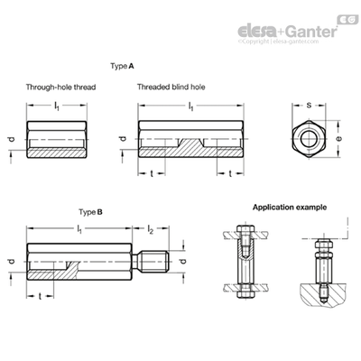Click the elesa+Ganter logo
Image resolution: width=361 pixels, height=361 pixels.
click(288, 32)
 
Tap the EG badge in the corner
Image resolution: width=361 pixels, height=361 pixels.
click(347, 20)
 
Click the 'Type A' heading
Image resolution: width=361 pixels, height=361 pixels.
click(122, 66)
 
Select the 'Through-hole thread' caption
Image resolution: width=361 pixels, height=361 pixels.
click(60, 88)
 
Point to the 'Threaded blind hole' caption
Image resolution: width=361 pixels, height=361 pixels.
click(171, 88)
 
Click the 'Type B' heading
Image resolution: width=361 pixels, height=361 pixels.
click(90, 212)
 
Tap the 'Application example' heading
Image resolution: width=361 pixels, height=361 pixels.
click(290, 208)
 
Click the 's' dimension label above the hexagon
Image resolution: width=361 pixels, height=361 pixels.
click(309, 106)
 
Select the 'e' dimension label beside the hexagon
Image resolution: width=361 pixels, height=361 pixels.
click(339, 138)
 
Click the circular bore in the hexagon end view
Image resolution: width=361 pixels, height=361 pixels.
click(309, 139)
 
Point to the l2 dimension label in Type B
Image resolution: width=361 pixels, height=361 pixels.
click(151, 229)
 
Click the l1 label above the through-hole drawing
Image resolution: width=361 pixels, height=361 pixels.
click(57, 106)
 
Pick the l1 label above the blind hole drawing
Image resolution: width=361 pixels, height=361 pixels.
click(190, 106)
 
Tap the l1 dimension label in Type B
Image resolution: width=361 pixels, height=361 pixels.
click(79, 229)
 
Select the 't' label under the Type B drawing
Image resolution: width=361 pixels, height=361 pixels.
click(40, 297)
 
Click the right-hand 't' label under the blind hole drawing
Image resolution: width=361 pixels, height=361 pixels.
click(230, 173)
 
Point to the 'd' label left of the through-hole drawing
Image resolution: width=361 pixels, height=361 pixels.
click(12, 139)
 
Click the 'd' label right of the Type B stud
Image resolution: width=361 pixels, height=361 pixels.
click(182, 261)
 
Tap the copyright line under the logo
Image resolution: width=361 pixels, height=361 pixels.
click(278, 42)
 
